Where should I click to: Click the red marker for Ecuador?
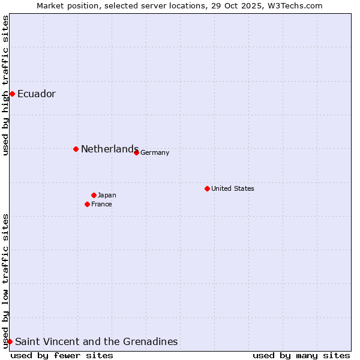coord(12,94)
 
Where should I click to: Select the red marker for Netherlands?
coord(76,149)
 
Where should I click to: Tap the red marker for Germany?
coord(136,152)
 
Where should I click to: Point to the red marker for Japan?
coord(94,195)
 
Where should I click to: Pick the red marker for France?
coord(88,204)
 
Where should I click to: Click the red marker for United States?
coord(207,188)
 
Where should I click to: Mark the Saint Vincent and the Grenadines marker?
coord(10,341)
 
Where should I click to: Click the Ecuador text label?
coord(37,94)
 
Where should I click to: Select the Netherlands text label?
coord(110,149)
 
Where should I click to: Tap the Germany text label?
coord(155,152)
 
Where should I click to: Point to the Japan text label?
coord(107,195)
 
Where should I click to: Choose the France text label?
coord(101,204)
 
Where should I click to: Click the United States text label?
coord(233,188)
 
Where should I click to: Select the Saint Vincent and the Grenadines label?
coord(96,341)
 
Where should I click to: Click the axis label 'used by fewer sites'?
coord(62,355)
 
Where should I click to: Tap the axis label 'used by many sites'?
coord(301,355)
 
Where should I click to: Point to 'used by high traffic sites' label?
coord(5,85)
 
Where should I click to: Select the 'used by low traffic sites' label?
coord(5,280)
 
